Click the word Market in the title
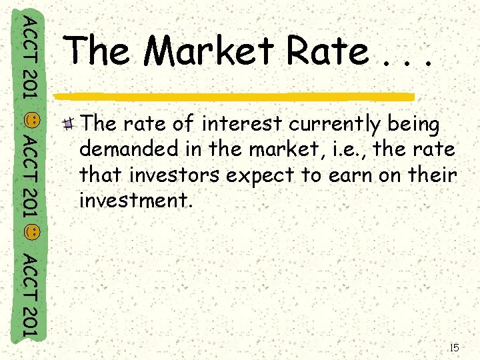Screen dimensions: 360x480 [x=209, y=52]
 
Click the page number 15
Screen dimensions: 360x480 [x=455, y=347]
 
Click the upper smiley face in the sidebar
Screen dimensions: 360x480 [x=30, y=120]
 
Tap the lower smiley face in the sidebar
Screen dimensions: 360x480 [x=30, y=233]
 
